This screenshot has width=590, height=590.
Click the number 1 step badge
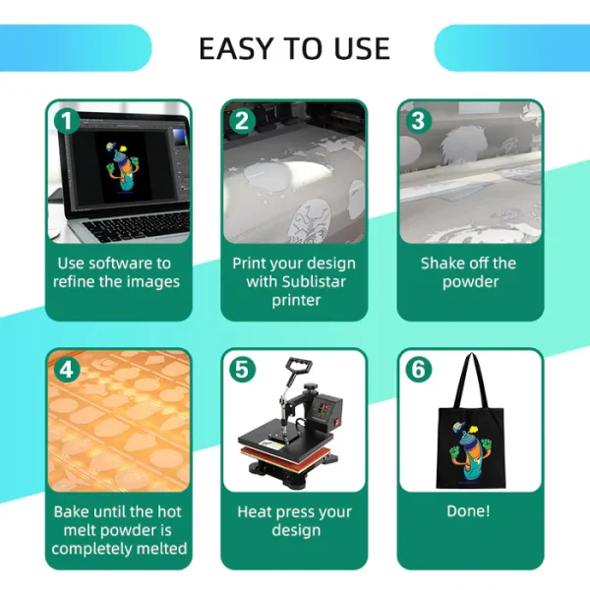click(x=67, y=121)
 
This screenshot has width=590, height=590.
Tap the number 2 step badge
click(x=243, y=121)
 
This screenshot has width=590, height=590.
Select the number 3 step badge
click(x=419, y=121)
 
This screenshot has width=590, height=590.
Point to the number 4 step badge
click(x=67, y=370)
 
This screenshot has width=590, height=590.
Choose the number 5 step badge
click(x=243, y=370)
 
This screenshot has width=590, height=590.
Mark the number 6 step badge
click(x=419, y=370)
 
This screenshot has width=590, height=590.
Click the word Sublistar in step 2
click(x=314, y=282)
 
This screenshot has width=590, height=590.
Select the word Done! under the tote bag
click(x=468, y=511)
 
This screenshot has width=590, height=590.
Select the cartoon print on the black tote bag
click(x=470, y=451)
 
